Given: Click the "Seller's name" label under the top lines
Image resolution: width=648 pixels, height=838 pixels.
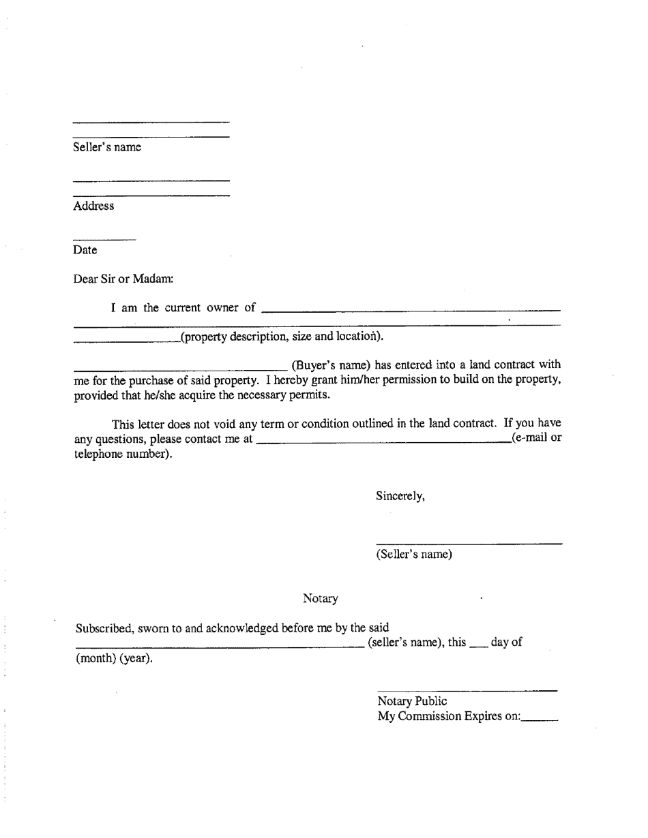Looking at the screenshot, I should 107,147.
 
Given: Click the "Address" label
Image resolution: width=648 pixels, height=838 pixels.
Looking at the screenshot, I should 93,206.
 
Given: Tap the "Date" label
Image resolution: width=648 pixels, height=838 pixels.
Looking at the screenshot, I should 85,250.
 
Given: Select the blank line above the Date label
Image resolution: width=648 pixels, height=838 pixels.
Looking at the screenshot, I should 104,240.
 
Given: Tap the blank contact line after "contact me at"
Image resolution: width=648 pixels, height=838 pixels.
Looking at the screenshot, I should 383,442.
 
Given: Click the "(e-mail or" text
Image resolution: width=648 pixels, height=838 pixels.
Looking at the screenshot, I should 536,438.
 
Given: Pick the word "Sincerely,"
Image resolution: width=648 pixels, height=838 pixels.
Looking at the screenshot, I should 400,496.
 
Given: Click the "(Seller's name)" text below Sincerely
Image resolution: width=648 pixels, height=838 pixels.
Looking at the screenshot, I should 414,555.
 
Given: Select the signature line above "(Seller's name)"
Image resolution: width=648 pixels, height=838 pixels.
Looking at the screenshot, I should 469,544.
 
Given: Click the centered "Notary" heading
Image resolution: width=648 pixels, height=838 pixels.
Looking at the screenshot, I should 321,599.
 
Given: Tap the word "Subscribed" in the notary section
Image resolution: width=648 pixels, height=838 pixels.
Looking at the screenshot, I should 104,628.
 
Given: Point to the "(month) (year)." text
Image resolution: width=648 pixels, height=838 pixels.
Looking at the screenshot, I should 114,659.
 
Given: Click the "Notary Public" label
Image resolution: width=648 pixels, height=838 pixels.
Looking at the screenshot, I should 413,701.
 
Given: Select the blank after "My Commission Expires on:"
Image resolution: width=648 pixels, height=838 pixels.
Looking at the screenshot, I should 541,720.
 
